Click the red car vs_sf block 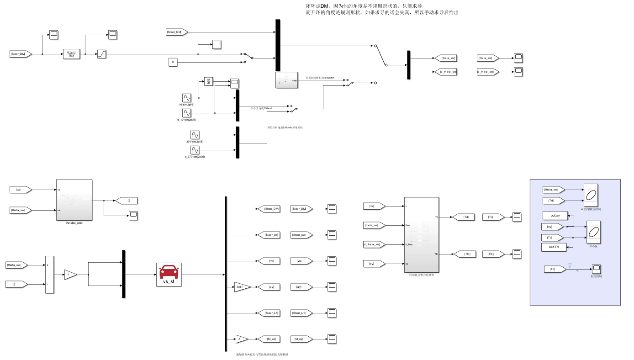click(x=169, y=274)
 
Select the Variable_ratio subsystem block click(x=74, y=200)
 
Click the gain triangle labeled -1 click(x=241, y=339)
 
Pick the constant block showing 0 click(x=173, y=62)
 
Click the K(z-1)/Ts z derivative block click(x=71, y=54)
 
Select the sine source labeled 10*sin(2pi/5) click(x=187, y=98)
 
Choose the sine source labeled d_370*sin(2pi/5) click(x=195, y=150)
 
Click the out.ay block click(x=555, y=216)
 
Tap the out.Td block click(x=554, y=247)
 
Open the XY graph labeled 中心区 click(x=593, y=232)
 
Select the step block click(x=287, y=80)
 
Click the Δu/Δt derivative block click(x=209, y=82)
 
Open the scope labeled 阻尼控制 click(x=596, y=269)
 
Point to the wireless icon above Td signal click(x=570, y=265)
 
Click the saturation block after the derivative click(x=102, y=54)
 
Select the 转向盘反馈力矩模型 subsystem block click(x=421, y=234)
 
